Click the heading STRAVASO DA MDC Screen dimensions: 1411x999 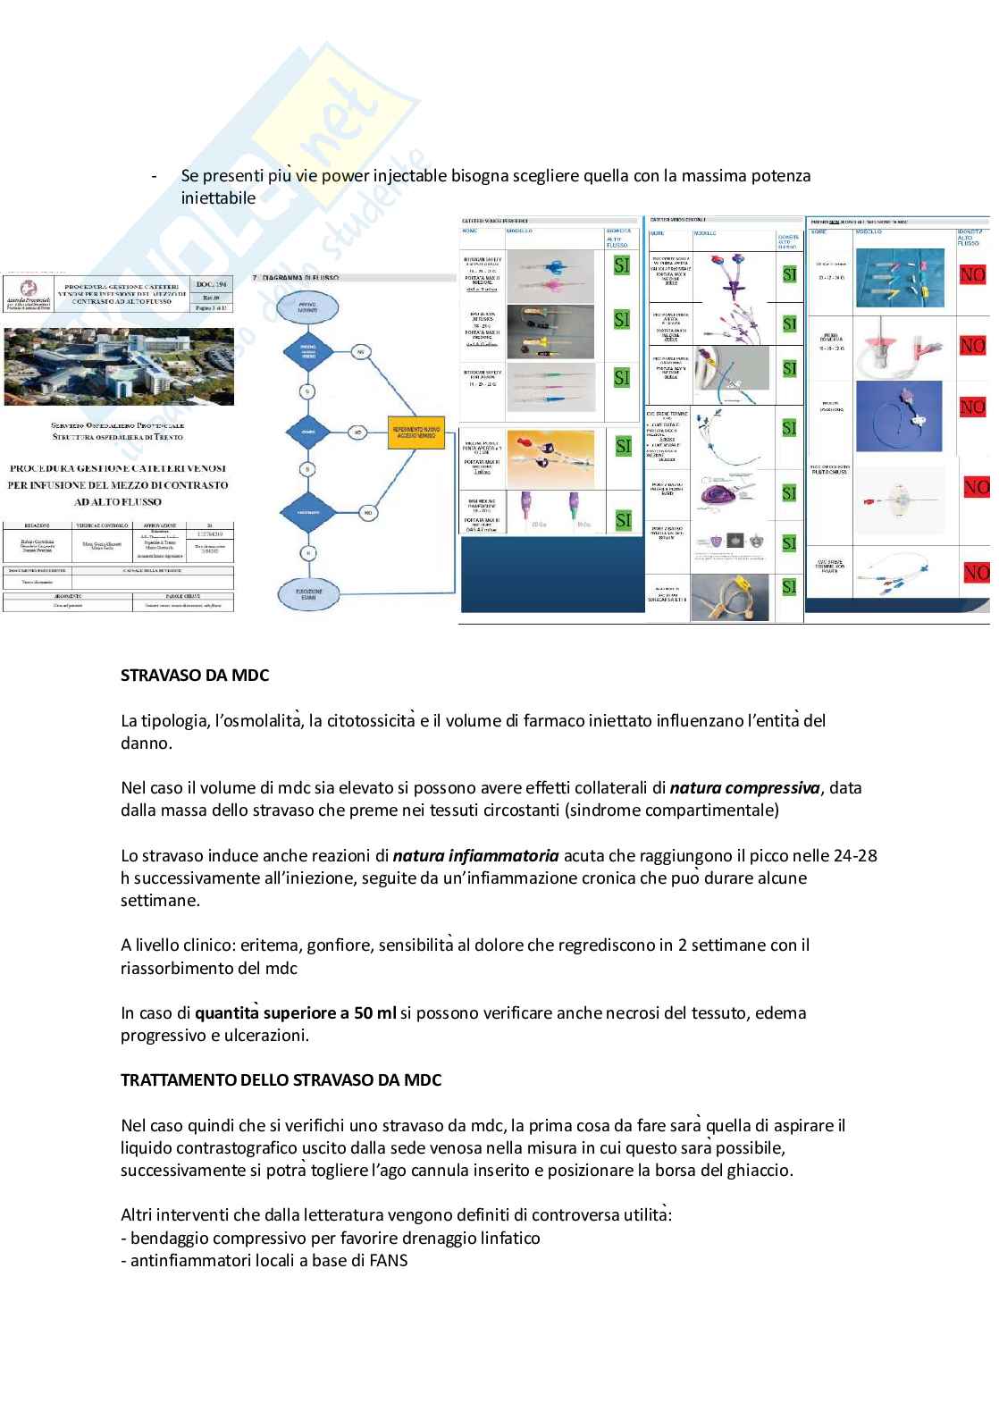195,676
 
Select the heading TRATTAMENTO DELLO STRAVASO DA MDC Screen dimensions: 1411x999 281,1079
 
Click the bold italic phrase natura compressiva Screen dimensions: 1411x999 744,788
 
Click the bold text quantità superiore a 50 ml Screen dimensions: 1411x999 296,1012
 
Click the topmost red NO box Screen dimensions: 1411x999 972,275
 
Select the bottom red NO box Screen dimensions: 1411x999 976,572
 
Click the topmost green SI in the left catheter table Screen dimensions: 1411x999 622,265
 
